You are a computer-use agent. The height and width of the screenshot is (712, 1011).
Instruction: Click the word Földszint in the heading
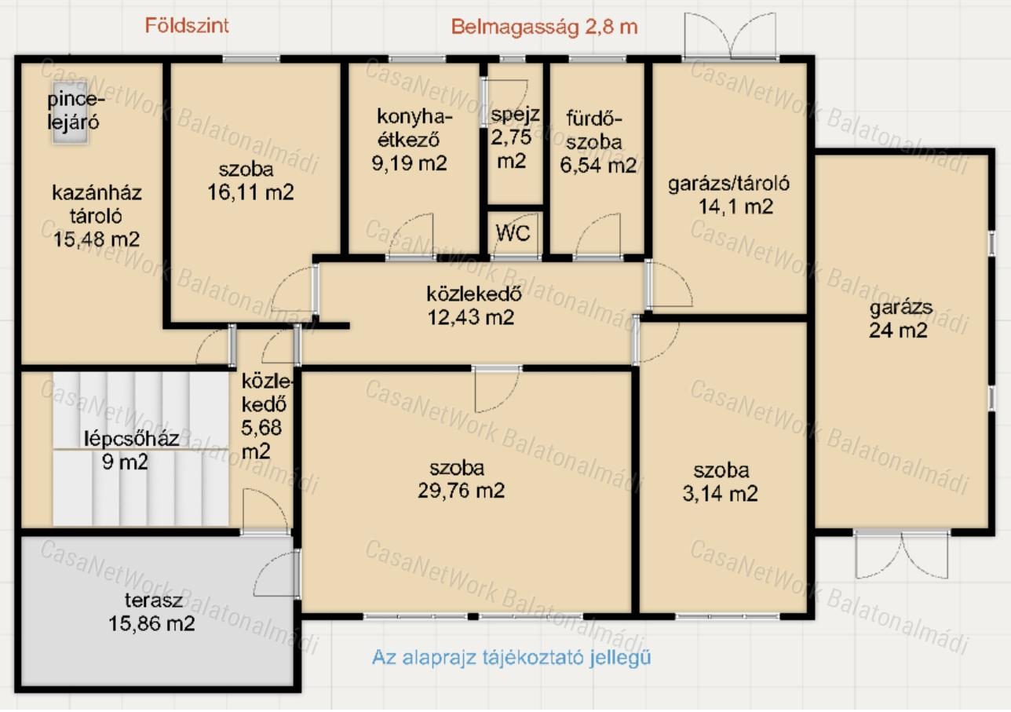[x=187, y=26]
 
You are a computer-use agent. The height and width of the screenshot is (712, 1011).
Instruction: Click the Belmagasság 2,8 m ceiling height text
[x=544, y=27]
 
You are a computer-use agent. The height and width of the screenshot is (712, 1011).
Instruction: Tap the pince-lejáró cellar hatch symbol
[x=70, y=113]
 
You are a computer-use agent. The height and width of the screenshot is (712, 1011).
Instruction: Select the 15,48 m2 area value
[x=96, y=239]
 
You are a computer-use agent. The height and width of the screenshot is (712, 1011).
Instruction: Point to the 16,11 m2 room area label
[x=250, y=192]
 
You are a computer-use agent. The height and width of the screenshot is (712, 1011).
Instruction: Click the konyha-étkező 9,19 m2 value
[x=409, y=162]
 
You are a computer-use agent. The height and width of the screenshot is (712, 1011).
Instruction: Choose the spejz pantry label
[x=515, y=115]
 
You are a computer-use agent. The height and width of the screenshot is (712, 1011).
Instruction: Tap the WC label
[x=513, y=233]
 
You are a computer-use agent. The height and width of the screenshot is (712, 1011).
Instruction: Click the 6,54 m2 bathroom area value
[x=598, y=165]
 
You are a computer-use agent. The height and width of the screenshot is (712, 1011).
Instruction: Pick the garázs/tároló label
[x=728, y=184]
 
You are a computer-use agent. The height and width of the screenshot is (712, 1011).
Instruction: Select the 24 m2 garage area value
[x=898, y=330]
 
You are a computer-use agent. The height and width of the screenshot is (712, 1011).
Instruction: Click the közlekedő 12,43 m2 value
[x=470, y=317]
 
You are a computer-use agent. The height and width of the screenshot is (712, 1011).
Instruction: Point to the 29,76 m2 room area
[x=461, y=491]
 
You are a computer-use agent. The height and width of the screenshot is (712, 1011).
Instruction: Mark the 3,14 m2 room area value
[x=720, y=493]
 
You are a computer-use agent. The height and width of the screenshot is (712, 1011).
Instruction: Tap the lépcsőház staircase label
[x=131, y=439]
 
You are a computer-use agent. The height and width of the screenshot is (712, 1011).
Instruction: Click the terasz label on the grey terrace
[x=154, y=601]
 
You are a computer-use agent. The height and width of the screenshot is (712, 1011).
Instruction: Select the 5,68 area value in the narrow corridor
[x=261, y=427]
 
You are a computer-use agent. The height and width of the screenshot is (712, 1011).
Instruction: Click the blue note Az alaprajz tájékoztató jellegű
[x=511, y=657]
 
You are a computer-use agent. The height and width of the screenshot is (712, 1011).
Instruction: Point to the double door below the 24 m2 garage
[x=902, y=555]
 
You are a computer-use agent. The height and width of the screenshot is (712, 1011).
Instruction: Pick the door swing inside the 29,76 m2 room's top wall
[x=496, y=390]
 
